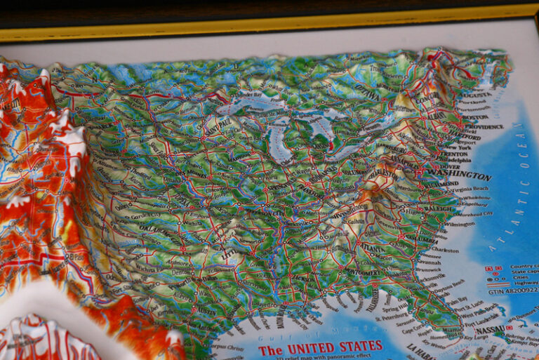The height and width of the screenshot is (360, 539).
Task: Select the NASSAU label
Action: click(x=490, y=330)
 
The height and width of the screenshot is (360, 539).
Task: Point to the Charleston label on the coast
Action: click(x=445, y=249)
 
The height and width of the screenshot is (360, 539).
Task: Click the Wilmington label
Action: click(x=459, y=225)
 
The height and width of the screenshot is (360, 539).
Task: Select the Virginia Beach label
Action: click(x=471, y=189)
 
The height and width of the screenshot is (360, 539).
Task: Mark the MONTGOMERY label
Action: click(x=362, y=273)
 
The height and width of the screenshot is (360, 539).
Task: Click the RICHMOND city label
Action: click(x=441, y=184)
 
